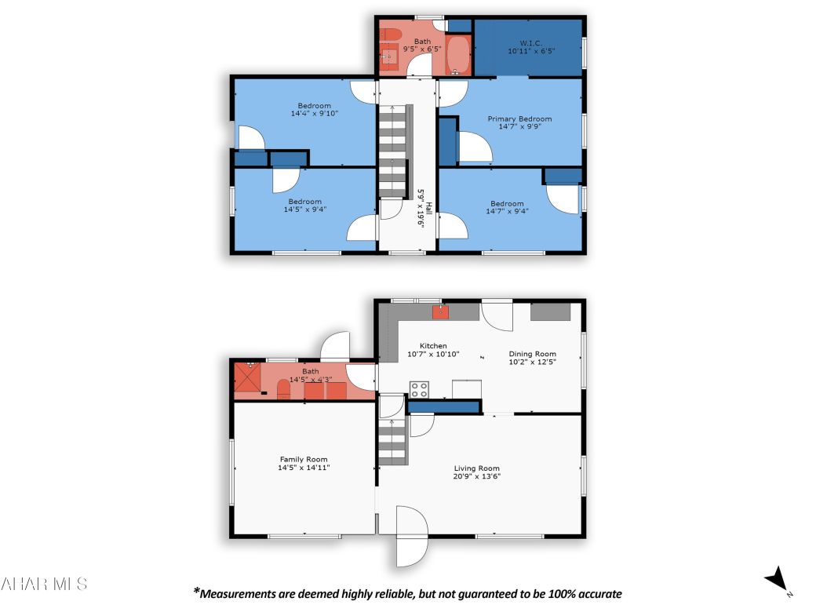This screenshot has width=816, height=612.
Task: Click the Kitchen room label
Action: [x=433, y=345]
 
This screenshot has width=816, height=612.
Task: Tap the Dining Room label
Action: [x=532, y=353]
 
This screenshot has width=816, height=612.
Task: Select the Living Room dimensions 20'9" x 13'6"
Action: [x=477, y=476]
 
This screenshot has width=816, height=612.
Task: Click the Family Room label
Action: [x=304, y=459]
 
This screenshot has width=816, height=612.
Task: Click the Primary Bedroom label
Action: [x=519, y=119]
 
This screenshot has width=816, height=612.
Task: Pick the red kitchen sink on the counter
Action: [x=441, y=311]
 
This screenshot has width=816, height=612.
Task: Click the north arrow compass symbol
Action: [x=777, y=579]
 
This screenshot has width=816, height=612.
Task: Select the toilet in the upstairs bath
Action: [x=391, y=34]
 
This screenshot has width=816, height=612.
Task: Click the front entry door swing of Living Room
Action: [x=411, y=536]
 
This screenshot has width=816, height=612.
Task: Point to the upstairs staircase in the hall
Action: [x=393, y=153]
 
